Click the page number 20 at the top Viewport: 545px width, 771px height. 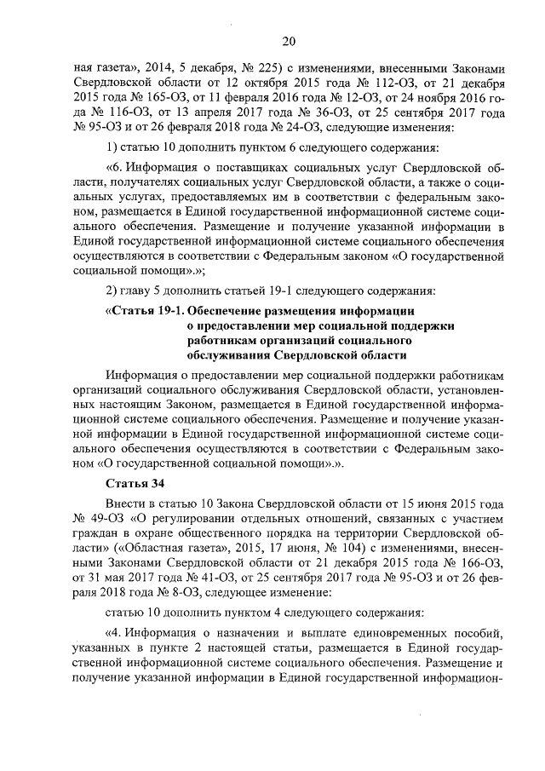(x=289, y=42)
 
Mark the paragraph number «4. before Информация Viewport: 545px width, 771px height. (x=113, y=631)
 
